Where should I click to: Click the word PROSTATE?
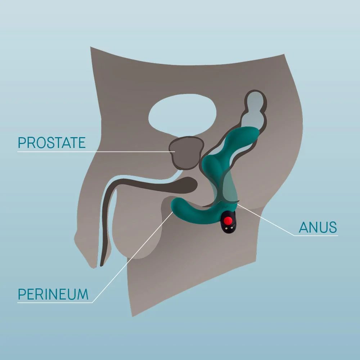pos(51,143)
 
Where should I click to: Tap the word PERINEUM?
pos(53,294)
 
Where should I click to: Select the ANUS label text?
pos(318,227)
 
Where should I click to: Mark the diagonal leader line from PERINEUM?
pos(132,257)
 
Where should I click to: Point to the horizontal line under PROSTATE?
pos(96,152)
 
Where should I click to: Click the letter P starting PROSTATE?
pos(22,143)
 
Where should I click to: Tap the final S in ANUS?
pos(333,227)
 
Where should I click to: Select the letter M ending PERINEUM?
pos(83,294)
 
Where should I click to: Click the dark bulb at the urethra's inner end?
pos(187,185)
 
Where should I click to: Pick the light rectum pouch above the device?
pos(255,110)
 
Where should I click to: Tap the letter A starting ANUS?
pos(303,227)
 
